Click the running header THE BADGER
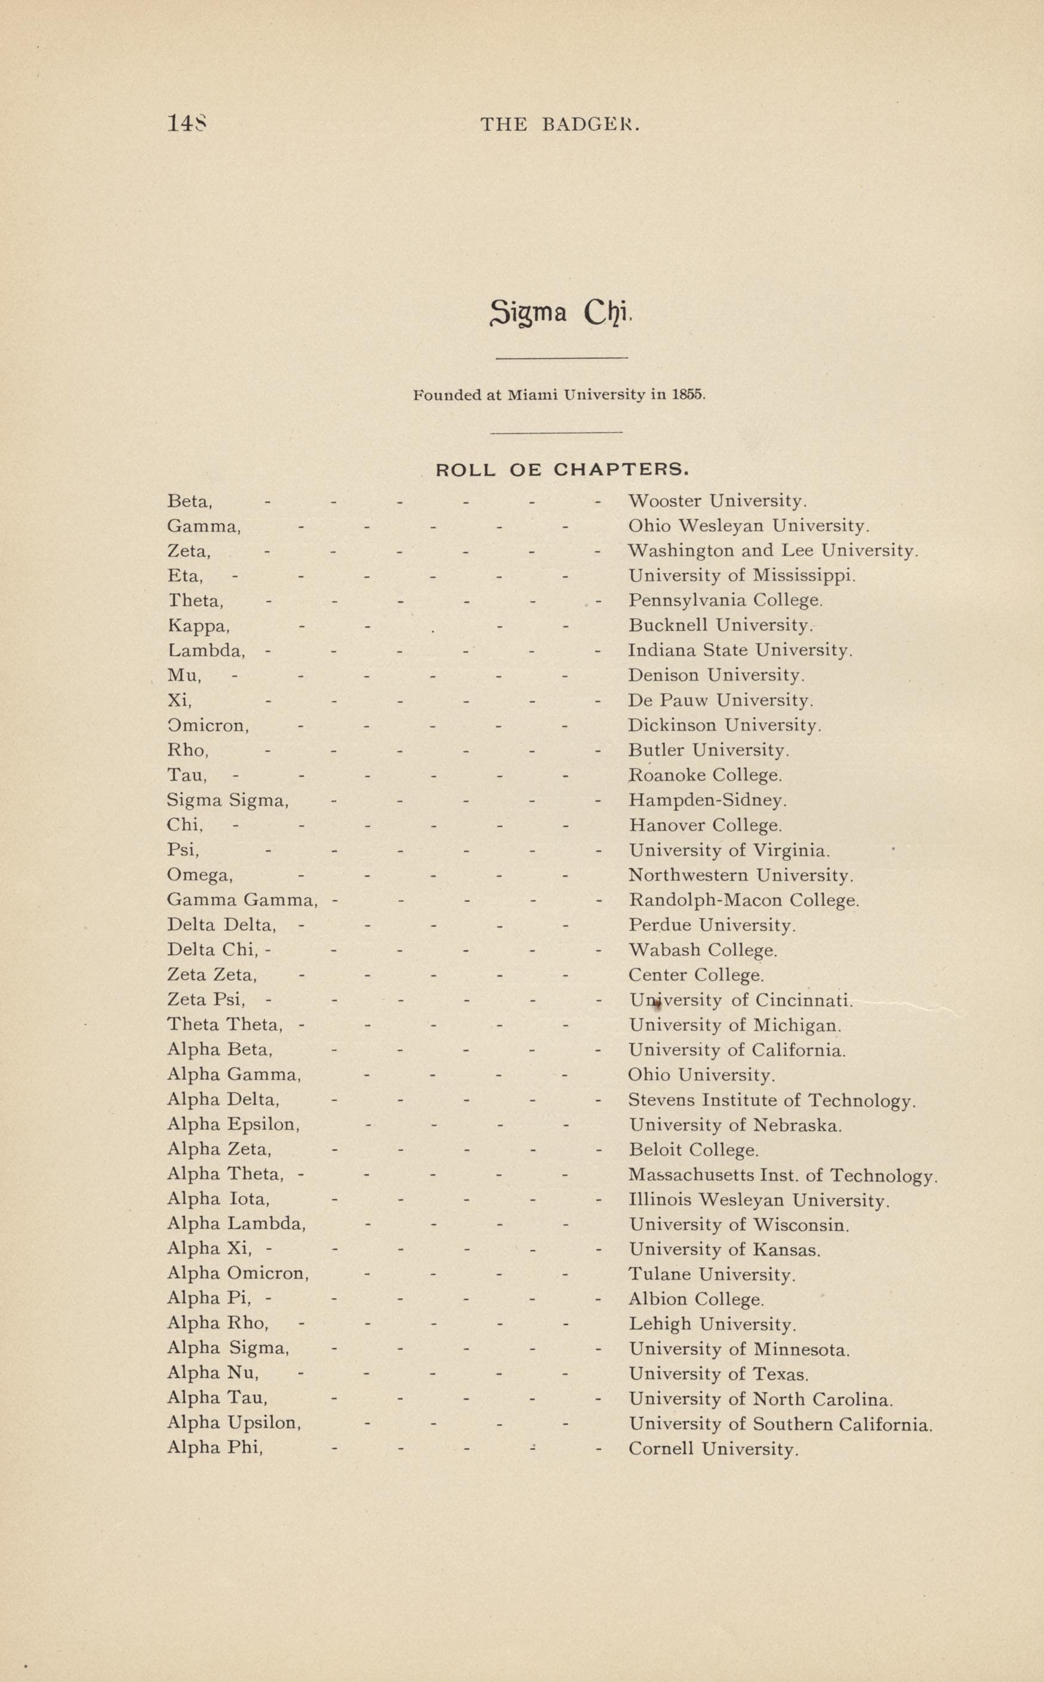(x=560, y=124)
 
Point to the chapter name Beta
(x=189, y=501)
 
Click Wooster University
(x=717, y=501)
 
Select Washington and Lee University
(x=772, y=551)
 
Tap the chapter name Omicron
(x=208, y=726)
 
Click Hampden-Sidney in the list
(x=707, y=800)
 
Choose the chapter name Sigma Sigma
(x=227, y=800)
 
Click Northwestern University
(x=740, y=876)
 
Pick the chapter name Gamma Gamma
(x=242, y=900)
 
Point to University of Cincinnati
(x=741, y=1000)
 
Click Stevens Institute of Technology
(x=771, y=1100)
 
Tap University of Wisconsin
(x=738, y=1225)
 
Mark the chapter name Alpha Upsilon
(x=234, y=1425)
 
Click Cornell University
(x=713, y=1449)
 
